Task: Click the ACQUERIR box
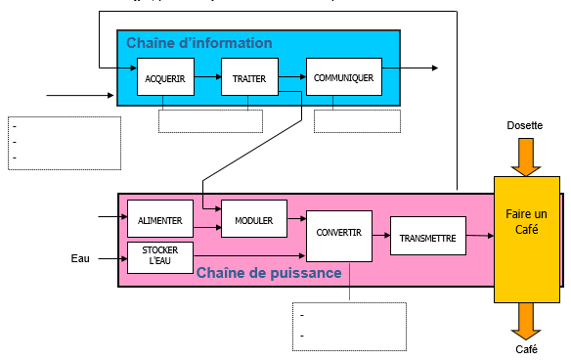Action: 165,77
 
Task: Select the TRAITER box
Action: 249,77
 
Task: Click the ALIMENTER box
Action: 160,219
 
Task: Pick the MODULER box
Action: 253,219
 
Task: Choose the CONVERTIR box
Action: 339,233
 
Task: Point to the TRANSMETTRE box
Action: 427,236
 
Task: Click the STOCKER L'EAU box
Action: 160,257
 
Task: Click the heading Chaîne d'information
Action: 198,43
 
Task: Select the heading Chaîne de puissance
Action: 268,272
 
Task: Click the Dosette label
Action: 525,126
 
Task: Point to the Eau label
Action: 80,258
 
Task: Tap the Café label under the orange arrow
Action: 526,349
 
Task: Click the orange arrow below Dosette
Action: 526,157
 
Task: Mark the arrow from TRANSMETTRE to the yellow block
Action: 479,235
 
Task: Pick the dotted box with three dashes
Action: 65,142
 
